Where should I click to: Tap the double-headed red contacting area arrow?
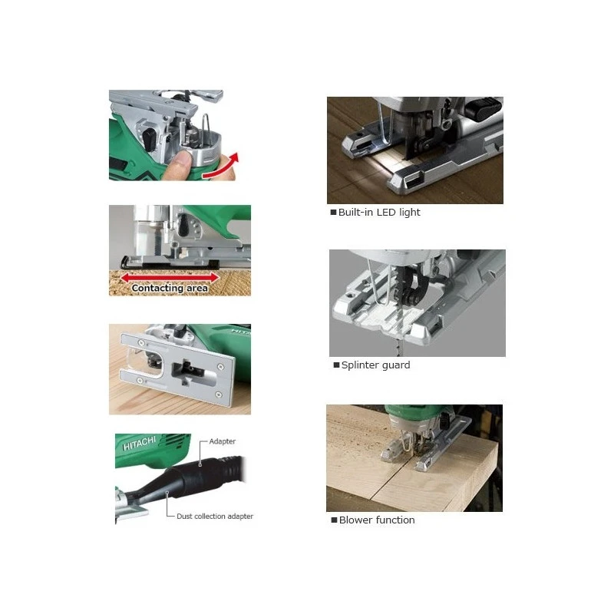coord(170,278)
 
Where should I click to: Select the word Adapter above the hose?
coord(223,441)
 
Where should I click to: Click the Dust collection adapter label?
coord(215,516)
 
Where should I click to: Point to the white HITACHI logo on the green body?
coord(140,444)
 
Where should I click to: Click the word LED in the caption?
coord(386,213)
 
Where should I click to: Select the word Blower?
coord(355,520)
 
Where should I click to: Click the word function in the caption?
coord(394,520)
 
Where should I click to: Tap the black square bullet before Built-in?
coord(333,213)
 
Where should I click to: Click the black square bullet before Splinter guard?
coord(336,365)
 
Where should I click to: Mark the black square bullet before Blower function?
coord(334,520)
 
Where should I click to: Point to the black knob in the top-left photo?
coord(149,140)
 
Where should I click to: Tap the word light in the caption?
coord(410,213)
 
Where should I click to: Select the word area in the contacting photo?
coord(197,289)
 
